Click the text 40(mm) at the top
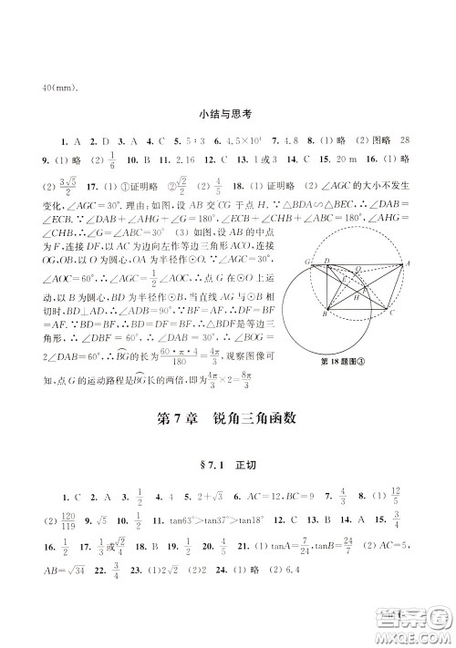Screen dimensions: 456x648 [x=61, y=88]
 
